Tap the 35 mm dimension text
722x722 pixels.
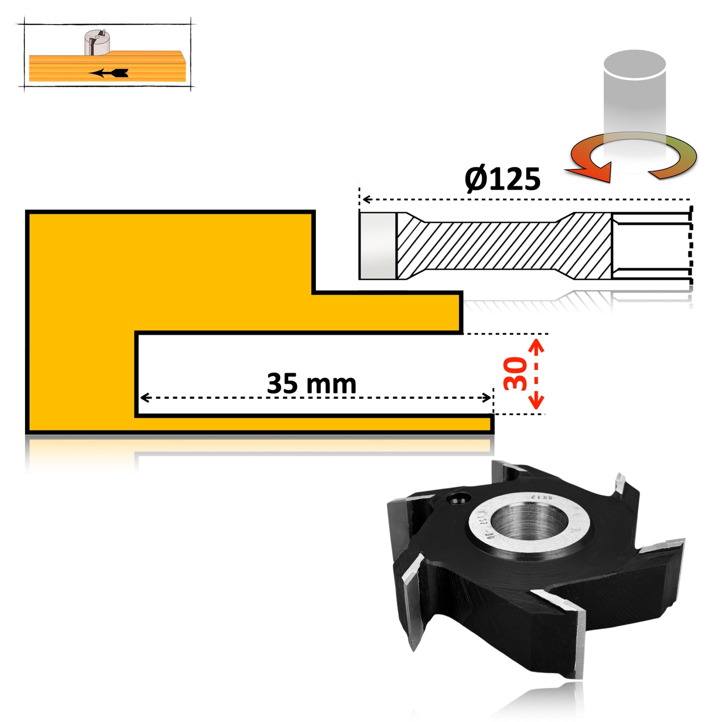(311, 383)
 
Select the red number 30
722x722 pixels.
(516, 373)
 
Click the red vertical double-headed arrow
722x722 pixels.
(536, 374)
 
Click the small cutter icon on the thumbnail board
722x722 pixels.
(97, 43)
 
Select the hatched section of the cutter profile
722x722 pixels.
(505, 245)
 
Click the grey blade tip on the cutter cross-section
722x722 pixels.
(378, 245)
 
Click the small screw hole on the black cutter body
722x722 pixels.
(458, 499)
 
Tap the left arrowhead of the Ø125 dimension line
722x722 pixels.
(366, 199)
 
